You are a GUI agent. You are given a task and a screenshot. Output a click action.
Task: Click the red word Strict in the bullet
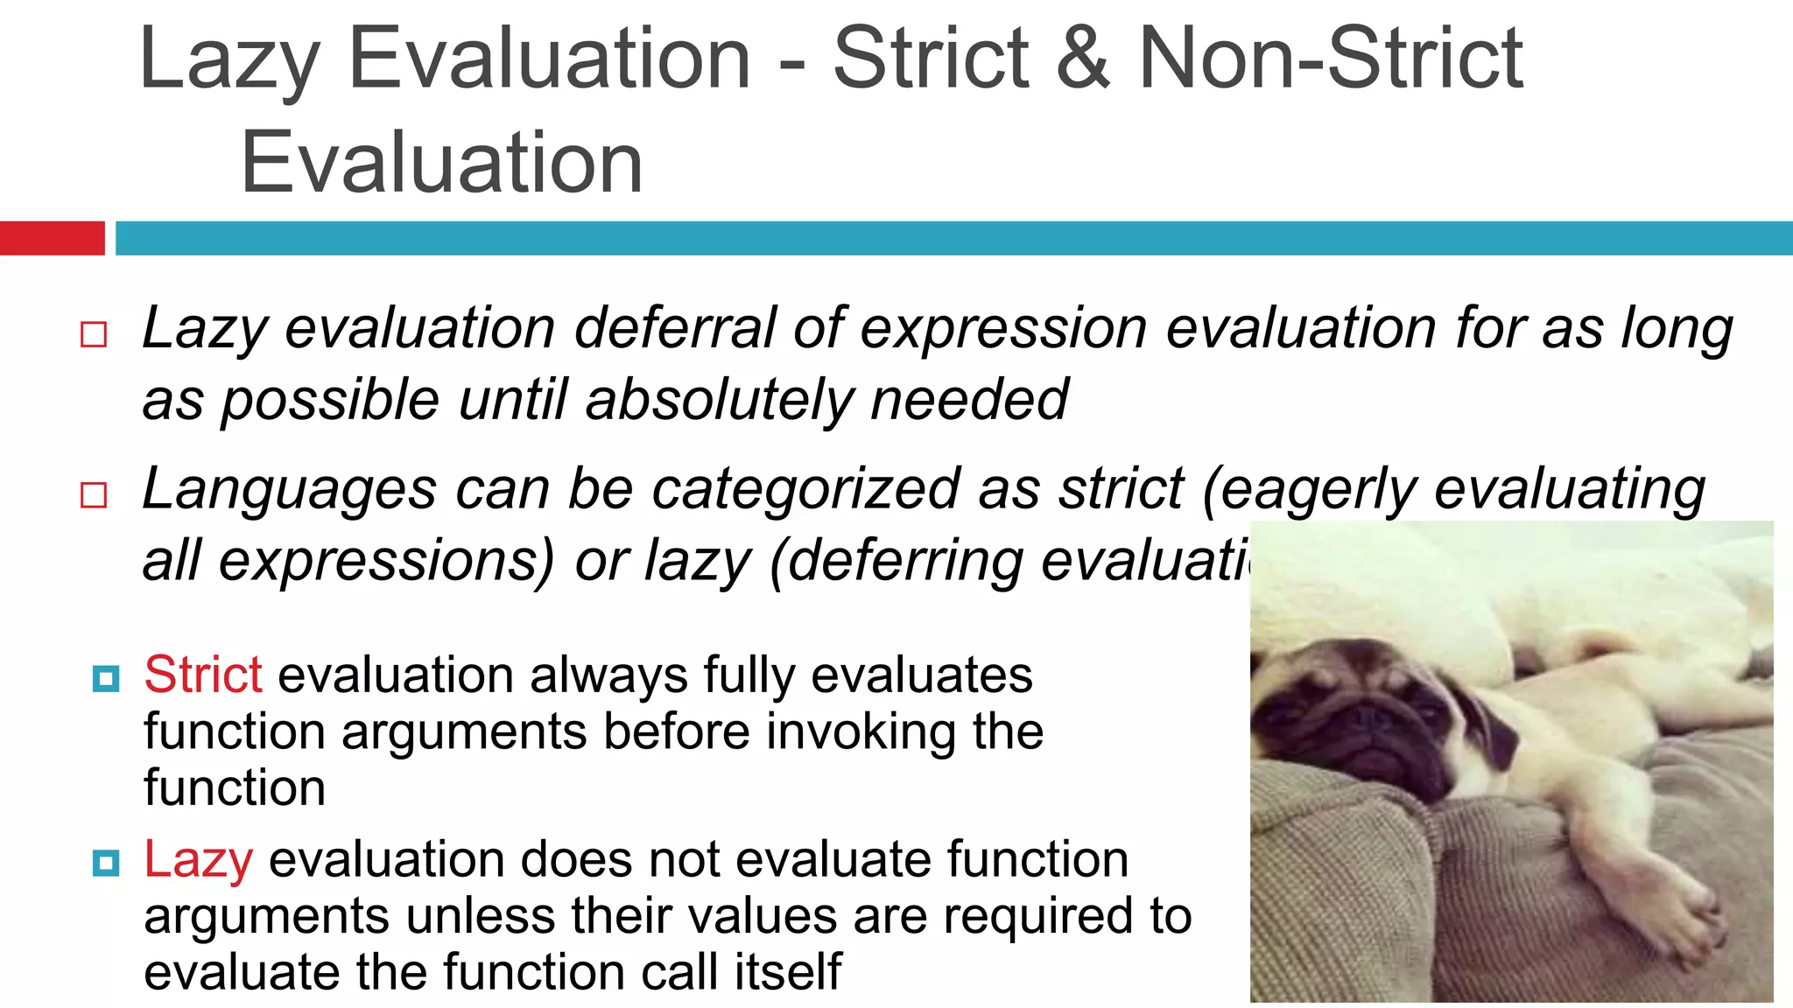[x=203, y=675]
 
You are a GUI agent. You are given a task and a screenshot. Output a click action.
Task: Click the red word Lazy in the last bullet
[x=199, y=859]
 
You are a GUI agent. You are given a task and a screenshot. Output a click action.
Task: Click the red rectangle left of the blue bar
[x=52, y=238]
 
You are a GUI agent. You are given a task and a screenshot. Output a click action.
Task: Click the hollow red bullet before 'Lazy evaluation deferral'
[x=94, y=334]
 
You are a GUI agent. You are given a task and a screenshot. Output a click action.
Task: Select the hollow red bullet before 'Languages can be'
[x=94, y=495]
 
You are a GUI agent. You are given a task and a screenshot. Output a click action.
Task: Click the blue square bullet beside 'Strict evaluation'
[x=106, y=679]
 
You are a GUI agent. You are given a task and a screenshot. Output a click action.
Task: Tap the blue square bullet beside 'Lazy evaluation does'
[x=106, y=864]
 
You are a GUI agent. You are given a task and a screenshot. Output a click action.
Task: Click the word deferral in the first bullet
[x=674, y=329]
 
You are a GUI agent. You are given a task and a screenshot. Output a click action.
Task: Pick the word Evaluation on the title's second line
[x=442, y=163]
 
